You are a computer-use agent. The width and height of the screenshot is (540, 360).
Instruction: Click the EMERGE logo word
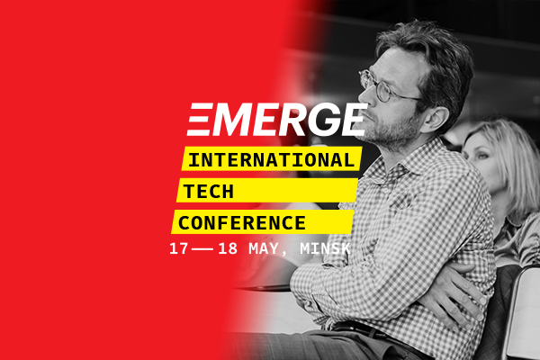(277, 119)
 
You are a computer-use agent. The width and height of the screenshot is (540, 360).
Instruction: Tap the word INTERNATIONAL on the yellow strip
(272, 160)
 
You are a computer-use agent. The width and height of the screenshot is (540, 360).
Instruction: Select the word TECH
(209, 191)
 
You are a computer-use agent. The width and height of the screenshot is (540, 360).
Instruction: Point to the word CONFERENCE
(242, 223)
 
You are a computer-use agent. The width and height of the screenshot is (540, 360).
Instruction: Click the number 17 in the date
(179, 248)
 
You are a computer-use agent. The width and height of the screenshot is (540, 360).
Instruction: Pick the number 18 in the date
(228, 248)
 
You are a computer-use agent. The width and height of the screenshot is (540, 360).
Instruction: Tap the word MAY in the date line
(264, 248)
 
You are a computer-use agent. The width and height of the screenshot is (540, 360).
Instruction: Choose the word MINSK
(325, 248)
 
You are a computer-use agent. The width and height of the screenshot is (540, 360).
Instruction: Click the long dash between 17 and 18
(203, 249)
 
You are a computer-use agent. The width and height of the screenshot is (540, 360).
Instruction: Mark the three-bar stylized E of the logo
(200, 119)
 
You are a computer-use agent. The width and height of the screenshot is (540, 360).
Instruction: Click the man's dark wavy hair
(430, 55)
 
